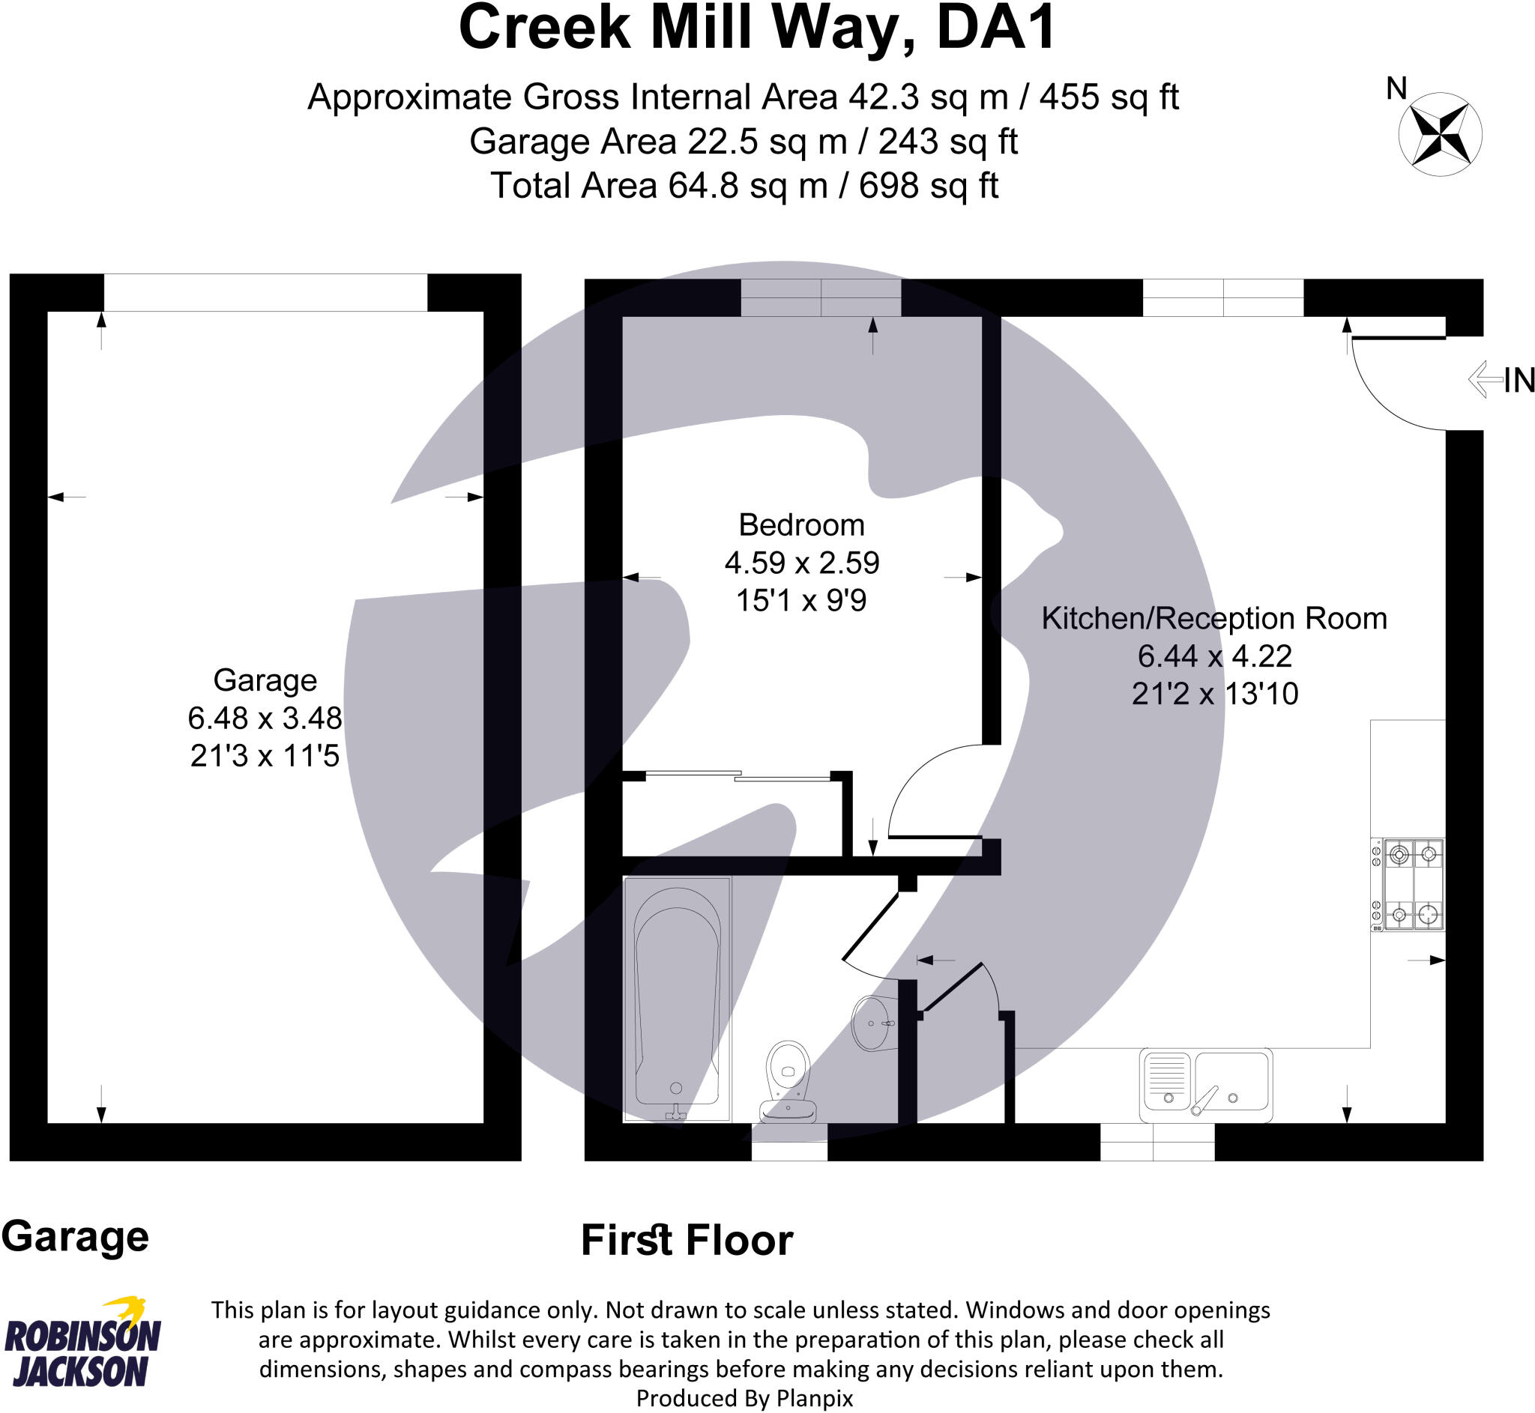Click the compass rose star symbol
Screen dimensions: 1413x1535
tap(1439, 135)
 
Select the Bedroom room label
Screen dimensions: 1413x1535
tap(800, 525)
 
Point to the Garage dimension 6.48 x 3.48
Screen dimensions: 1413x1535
tap(265, 718)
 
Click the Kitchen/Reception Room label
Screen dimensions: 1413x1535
tap(1213, 619)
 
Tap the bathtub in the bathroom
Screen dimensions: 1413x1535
tap(677, 998)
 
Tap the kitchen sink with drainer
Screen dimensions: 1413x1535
tap(1205, 1084)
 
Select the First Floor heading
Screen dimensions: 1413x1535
tap(686, 1239)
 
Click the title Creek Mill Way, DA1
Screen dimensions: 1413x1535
tap(756, 28)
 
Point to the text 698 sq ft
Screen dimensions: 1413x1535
tap(928, 186)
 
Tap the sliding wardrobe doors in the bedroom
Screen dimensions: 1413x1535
tap(738, 776)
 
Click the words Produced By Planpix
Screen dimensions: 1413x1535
tap(744, 1398)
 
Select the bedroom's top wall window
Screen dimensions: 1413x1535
tap(821, 297)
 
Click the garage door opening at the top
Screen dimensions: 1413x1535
tap(265, 292)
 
